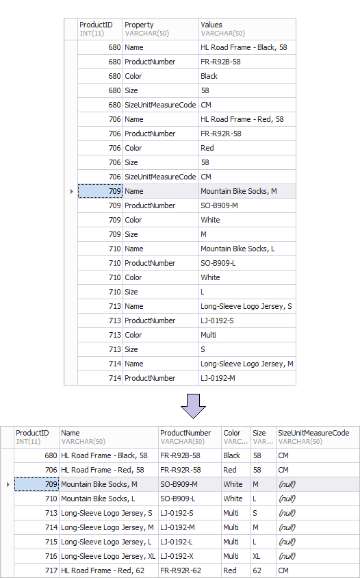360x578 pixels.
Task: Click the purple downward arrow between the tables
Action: coord(193,406)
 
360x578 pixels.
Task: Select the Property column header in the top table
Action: coord(161,29)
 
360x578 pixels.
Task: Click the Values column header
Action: coord(247,29)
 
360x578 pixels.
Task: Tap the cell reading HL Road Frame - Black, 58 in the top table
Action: coord(247,47)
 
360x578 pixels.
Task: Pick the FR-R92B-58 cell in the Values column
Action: coord(247,62)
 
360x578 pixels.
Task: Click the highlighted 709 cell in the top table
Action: coord(100,191)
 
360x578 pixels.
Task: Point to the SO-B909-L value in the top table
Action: coord(247,263)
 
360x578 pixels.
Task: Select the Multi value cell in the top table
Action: coord(247,335)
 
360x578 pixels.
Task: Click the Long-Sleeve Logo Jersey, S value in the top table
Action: coord(247,306)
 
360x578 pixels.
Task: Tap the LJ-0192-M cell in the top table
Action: coord(247,378)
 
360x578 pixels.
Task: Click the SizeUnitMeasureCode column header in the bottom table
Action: coord(318,437)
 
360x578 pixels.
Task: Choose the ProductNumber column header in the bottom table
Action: coord(190,437)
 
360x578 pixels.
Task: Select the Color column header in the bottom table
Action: coord(236,437)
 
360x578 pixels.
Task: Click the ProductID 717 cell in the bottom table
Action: coord(36,570)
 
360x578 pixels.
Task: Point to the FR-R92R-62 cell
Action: coord(190,570)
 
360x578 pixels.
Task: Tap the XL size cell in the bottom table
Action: coord(263,556)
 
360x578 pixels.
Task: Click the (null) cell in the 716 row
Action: coord(318,556)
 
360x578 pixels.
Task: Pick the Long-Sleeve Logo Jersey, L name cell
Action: coord(109,542)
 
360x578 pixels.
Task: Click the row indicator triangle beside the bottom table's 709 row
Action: coord(8,484)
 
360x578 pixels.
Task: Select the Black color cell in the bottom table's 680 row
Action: coord(236,455)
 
